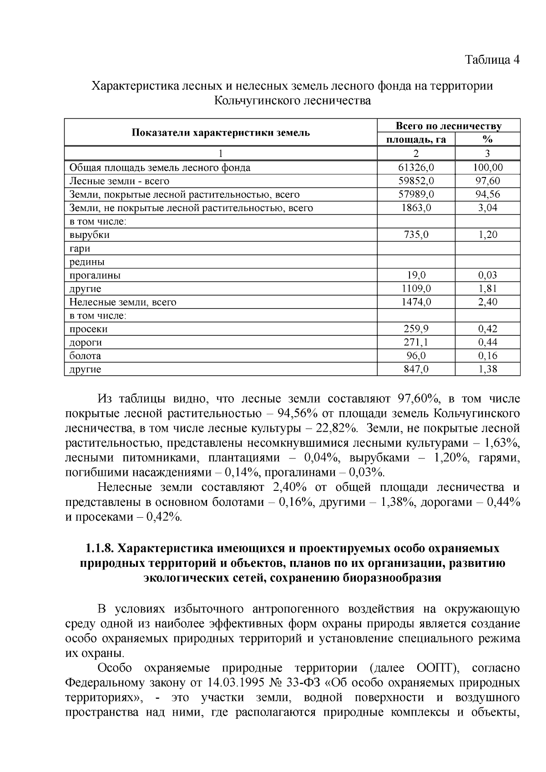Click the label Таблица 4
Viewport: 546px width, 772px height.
492,60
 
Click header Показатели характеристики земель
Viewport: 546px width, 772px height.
221,133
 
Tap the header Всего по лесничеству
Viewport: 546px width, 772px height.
448,126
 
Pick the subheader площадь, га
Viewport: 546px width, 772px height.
416,139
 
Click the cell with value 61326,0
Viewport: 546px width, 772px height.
416,167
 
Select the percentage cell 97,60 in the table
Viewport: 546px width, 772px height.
487,181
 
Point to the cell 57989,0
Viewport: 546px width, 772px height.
416,194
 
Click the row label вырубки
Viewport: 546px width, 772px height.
89,235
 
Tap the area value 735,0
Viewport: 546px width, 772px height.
416,235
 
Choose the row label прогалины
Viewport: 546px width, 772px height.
95,275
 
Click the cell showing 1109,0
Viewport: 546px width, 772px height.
416,288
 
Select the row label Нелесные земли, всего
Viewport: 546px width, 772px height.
122,302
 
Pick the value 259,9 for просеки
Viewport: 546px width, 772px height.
416,329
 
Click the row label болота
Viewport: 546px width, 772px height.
85,356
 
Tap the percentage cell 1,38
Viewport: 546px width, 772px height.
487,369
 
